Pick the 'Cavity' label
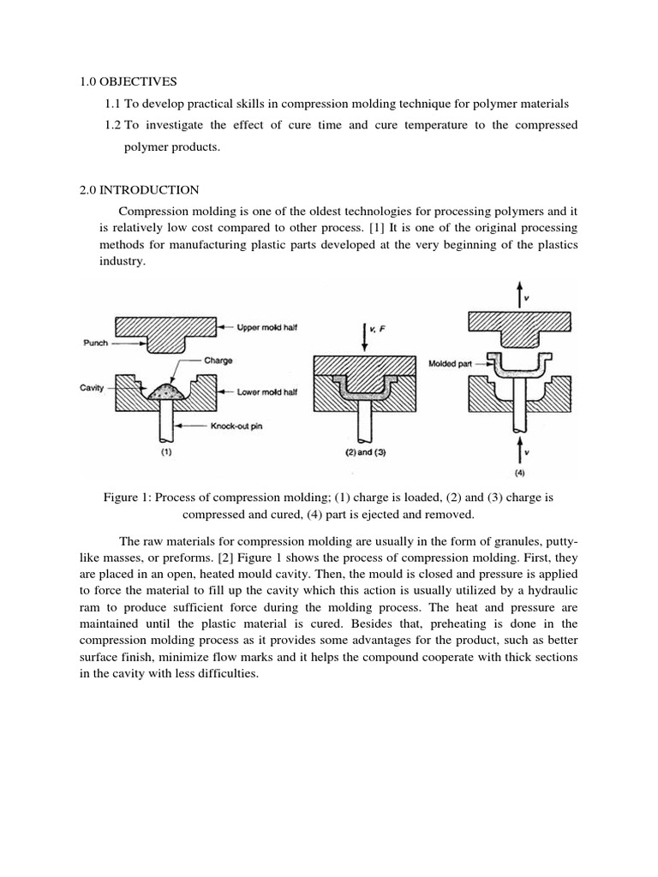coord(93,388)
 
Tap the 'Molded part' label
coord(453,363)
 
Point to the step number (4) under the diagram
coord(522,472)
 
